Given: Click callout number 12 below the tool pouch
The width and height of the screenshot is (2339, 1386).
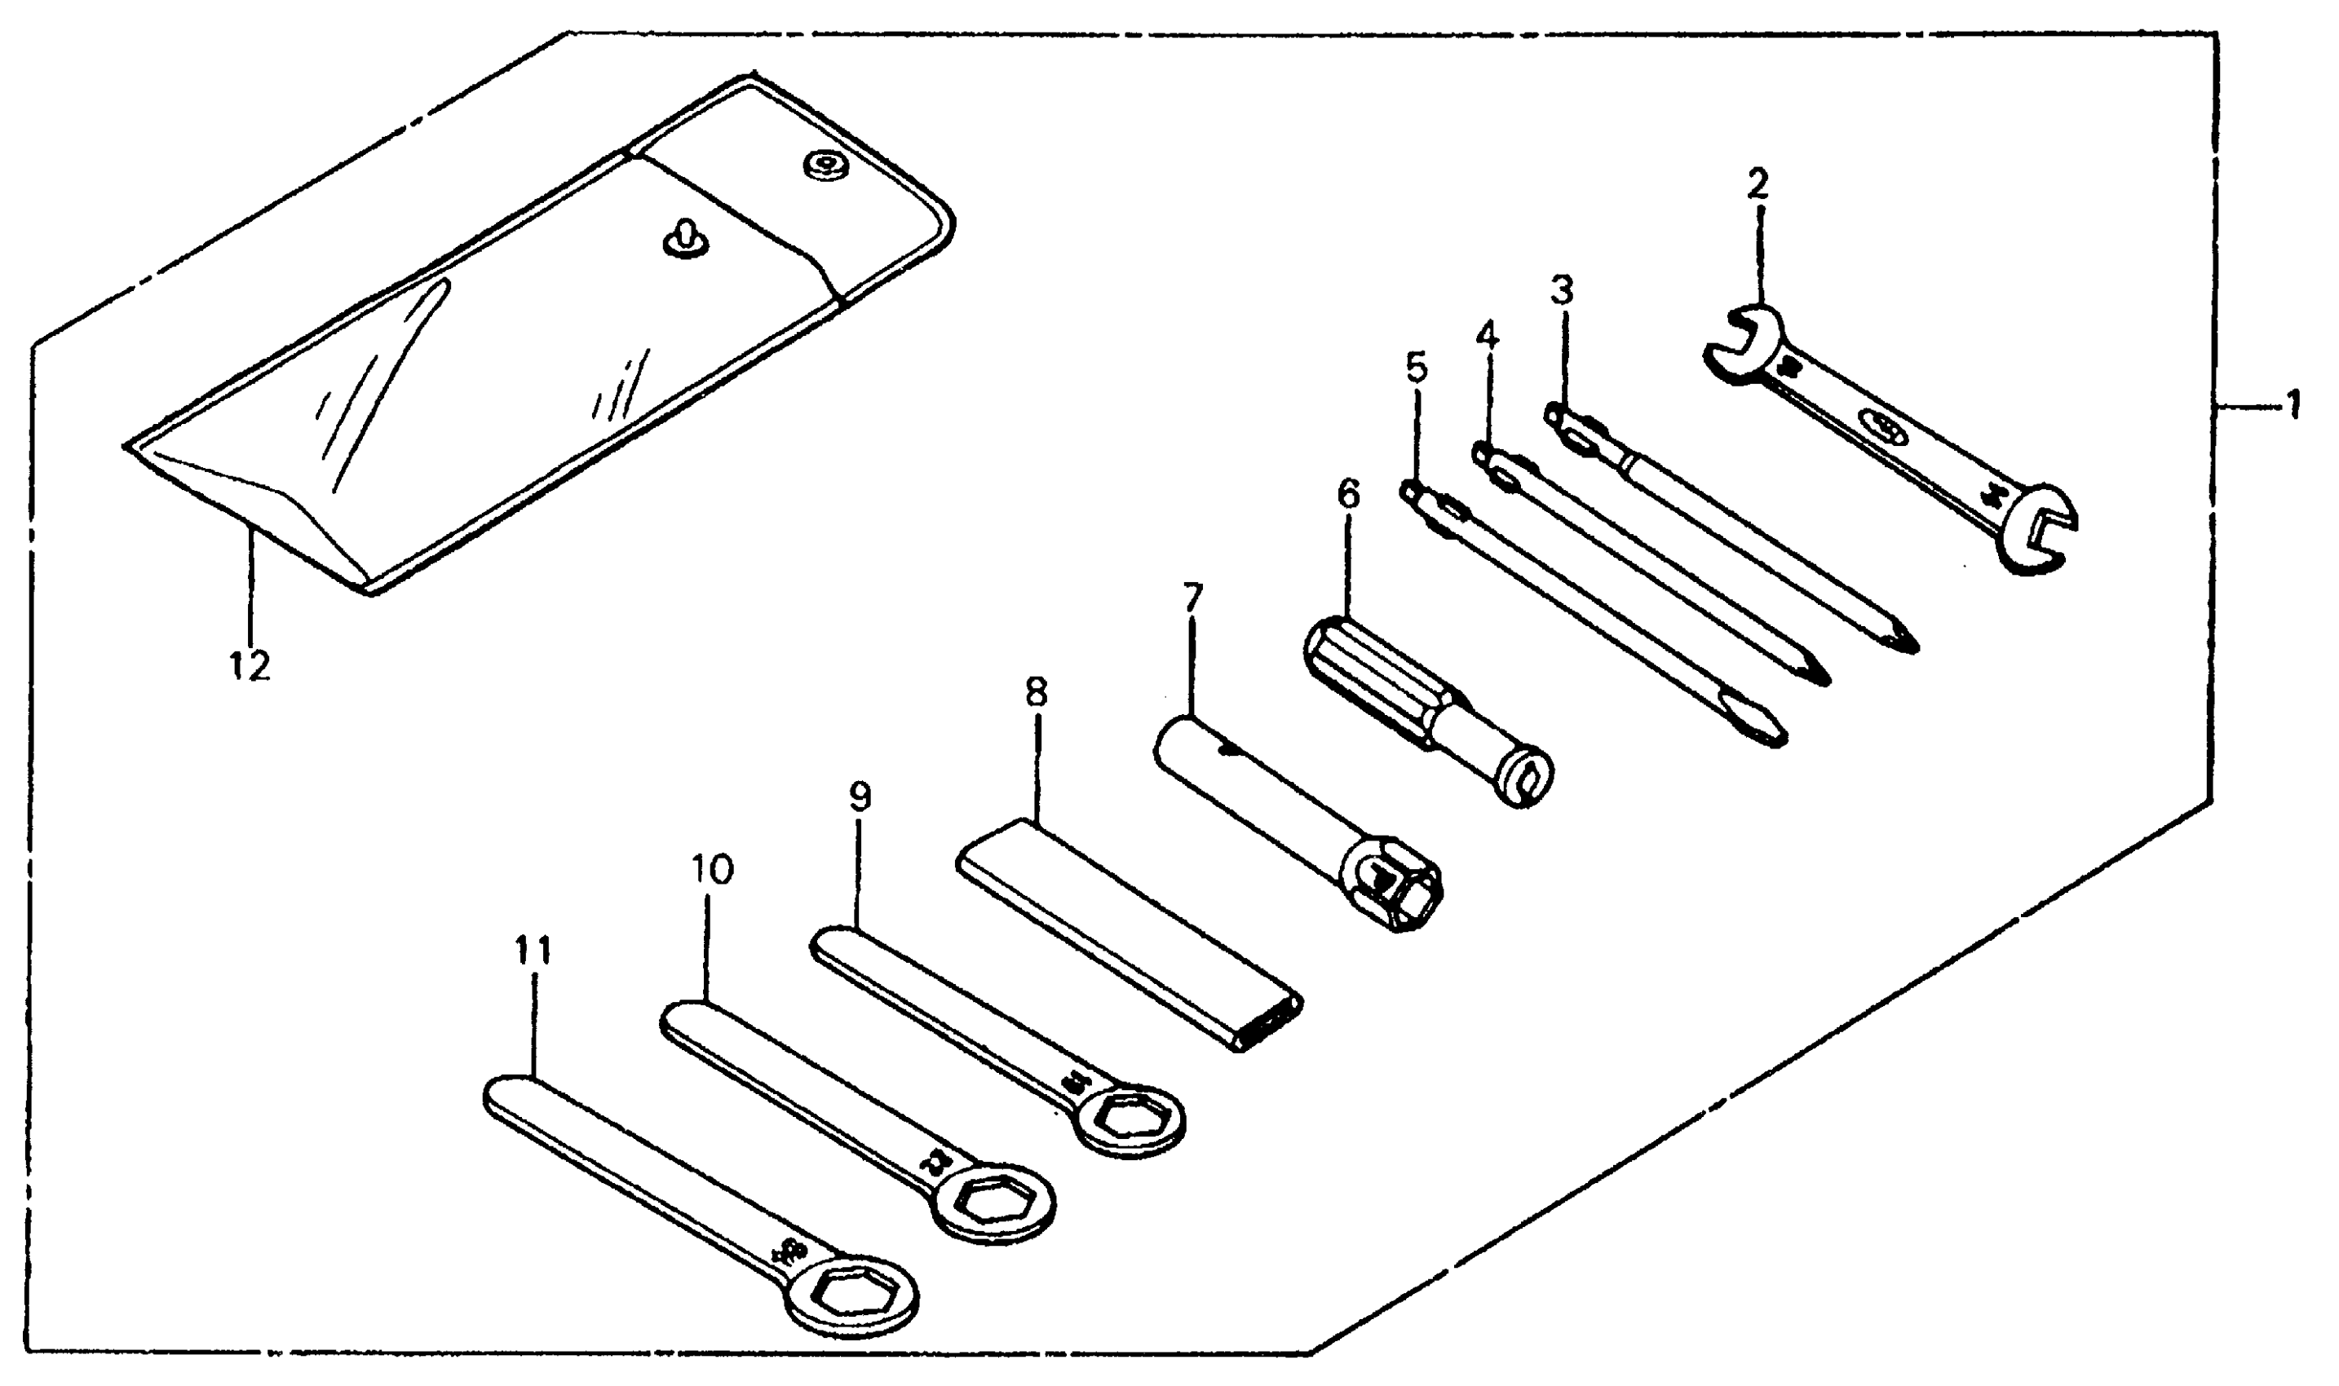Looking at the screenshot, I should (x=250, y=666).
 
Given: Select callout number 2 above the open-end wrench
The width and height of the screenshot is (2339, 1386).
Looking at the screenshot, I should (x=1758, y=184).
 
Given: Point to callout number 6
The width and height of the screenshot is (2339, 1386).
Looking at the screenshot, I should (x=1348, y=495).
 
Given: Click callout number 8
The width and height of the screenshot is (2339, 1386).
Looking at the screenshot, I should (x=1036, y=693).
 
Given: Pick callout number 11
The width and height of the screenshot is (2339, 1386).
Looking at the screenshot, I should (x=533, y=951).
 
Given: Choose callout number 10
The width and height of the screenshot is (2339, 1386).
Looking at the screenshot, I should (x=712, y=871).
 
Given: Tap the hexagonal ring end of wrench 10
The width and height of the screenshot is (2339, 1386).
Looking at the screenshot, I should (x=995, y=1208).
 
